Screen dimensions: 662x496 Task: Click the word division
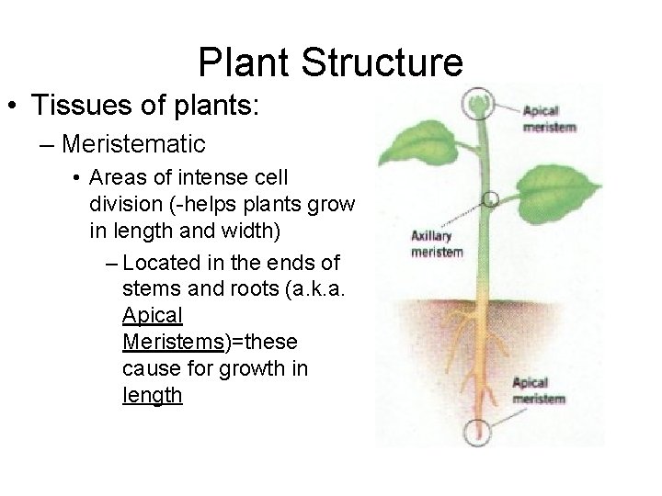click(x=128, y=201)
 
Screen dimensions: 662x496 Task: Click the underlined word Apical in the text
click(x=152, y=316)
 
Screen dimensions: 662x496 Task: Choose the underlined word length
click(x=152, y=396)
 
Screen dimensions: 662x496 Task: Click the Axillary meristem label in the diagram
click(x=436, y=244)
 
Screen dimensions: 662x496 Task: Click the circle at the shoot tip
click(x=477, y=99)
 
